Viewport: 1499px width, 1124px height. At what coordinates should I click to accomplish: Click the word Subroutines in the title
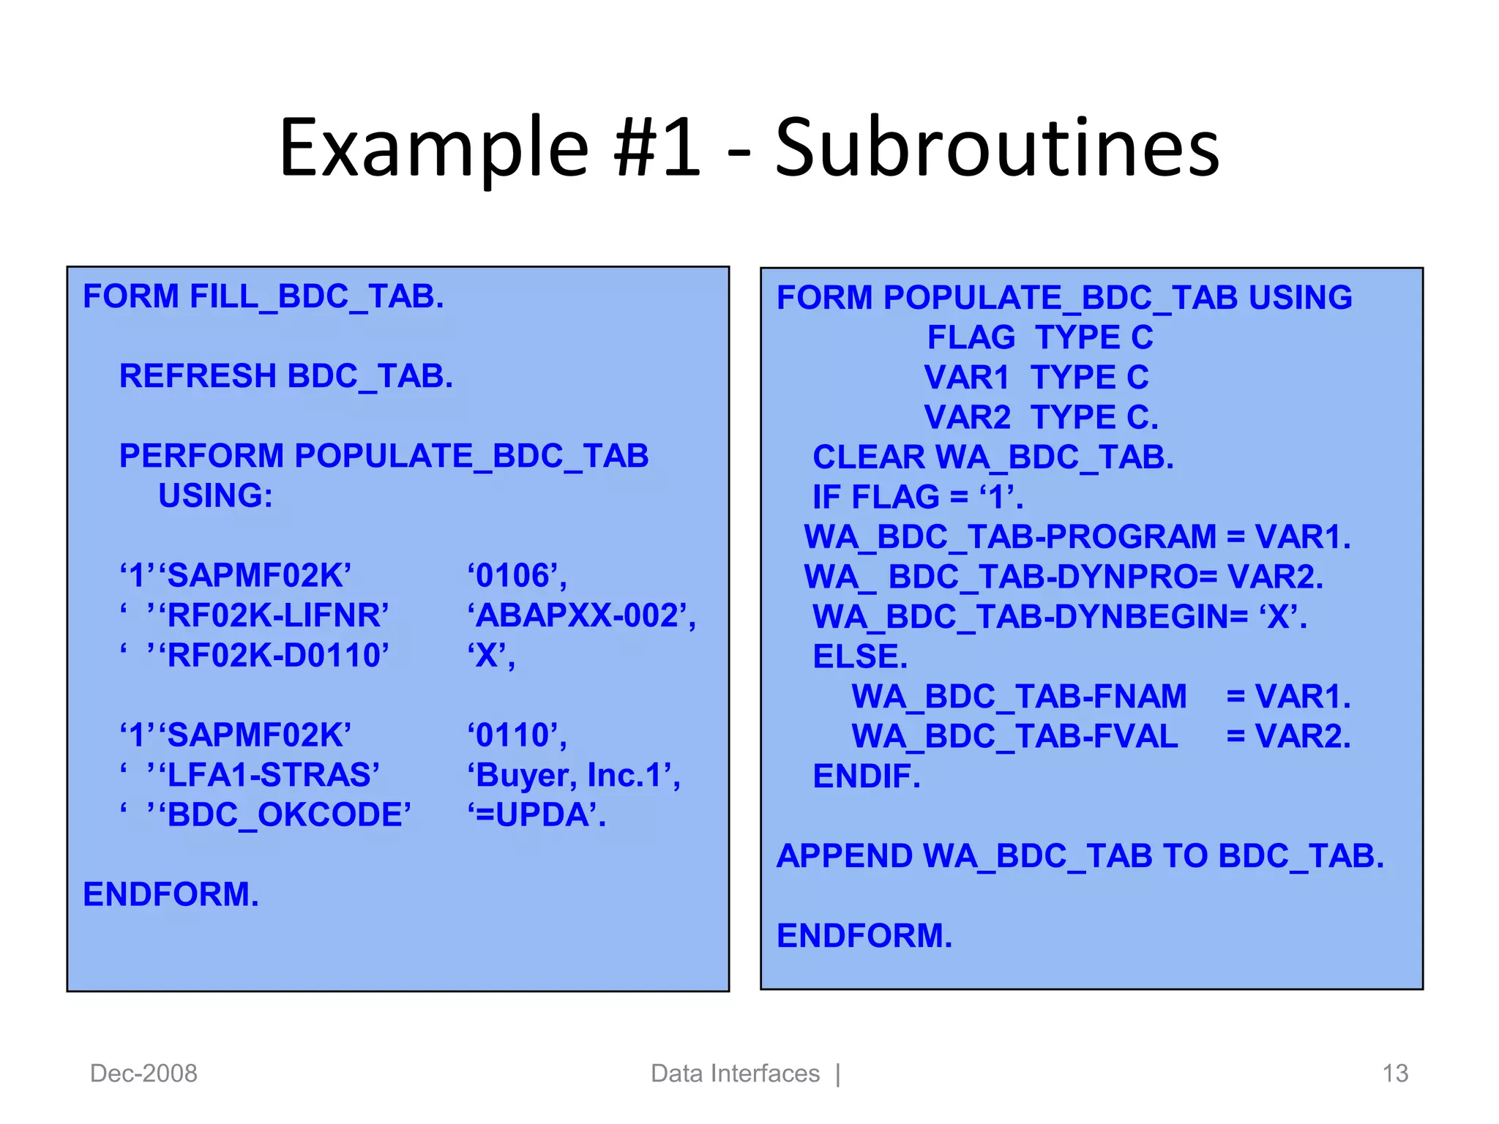point(997,149)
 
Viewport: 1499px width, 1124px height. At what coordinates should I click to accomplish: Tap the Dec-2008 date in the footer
point(143,1074)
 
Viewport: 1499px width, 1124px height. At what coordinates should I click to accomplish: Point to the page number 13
point(1395,1074)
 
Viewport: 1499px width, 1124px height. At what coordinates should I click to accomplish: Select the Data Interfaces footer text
point(735,1074)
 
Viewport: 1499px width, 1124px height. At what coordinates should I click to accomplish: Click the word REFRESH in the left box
point(197,376)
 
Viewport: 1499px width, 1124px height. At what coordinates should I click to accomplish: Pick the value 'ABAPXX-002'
point(581,615)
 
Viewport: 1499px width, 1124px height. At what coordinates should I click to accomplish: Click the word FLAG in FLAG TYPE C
point(971,338)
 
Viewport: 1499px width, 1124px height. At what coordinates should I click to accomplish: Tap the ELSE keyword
point(859,656)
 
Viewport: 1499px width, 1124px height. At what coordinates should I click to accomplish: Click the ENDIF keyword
point(866,776)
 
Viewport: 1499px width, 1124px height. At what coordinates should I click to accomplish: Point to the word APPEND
point(844,856)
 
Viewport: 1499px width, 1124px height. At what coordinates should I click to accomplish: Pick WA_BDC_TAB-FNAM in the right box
point(1019,696)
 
